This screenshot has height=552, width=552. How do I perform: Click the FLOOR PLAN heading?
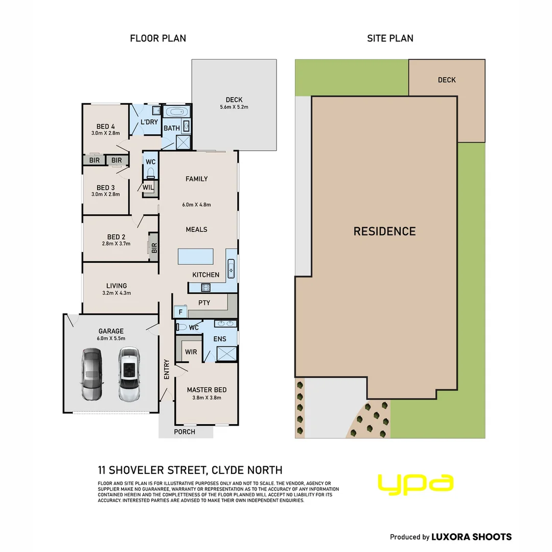[158, 38]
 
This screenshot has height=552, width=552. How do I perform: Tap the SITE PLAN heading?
[390, 38]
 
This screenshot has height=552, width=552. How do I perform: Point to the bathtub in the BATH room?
[176, 112]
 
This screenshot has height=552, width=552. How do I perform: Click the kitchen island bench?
[195, 256]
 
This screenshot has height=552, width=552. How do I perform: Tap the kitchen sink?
[231, 269]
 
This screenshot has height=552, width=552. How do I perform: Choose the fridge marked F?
[180, 312]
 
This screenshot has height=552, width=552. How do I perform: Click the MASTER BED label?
[206, 389]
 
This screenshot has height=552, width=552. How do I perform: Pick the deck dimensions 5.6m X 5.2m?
[234, 107]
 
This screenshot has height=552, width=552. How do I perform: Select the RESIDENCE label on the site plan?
[384, 232]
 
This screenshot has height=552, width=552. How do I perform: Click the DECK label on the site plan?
[447, 80]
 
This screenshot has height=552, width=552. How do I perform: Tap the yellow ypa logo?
[416, 485]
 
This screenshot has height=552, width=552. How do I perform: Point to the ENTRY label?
[167, 370]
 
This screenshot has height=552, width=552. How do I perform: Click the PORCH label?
[185, 431]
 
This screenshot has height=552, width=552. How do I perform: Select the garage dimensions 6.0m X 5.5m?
[111, 338]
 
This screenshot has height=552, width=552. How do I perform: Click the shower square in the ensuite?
[227, 354]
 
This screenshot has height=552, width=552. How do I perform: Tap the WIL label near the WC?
[148, 188]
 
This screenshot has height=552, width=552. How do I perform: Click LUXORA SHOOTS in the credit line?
[471, 537]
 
